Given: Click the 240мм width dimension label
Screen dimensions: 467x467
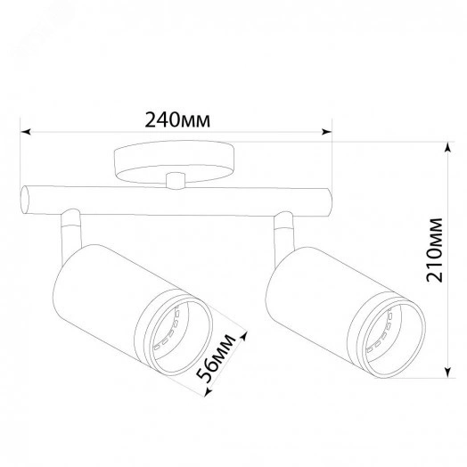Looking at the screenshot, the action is click(177, 120).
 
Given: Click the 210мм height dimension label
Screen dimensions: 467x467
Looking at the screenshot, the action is click(435, 250).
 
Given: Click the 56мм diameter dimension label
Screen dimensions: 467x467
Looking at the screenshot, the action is click(217, 358).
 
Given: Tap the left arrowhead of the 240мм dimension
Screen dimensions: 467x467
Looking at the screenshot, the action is click(26, 132).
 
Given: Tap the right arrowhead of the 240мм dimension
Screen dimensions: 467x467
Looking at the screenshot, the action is click(326, 132).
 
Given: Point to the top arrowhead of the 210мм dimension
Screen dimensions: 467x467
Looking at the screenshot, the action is click(447, 147).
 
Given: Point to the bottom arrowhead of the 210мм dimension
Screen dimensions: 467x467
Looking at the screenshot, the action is click(447, 373).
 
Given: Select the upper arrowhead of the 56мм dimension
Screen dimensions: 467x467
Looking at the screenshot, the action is click(243, 336).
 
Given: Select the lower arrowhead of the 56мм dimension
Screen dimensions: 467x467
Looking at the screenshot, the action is click(209, 391).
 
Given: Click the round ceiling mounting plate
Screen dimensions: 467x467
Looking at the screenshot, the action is click(174, 161).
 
